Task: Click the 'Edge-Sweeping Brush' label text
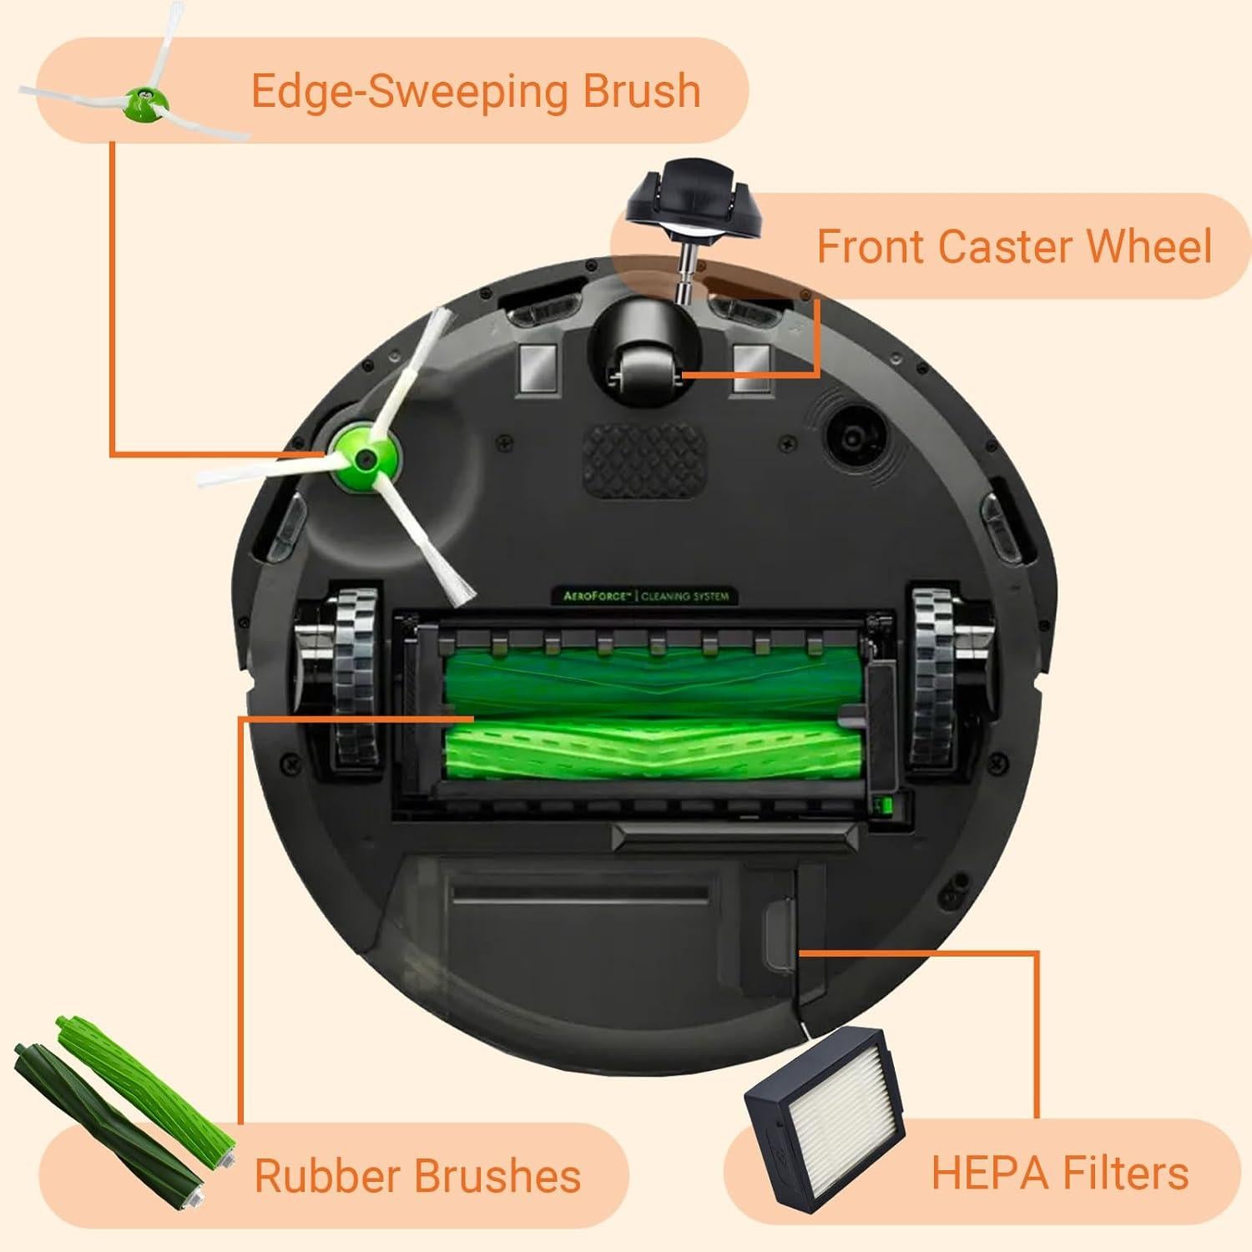click(x=475, y=91)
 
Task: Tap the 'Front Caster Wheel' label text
click(x=1013, y=246)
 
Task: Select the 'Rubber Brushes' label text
click(x=417, y=1175)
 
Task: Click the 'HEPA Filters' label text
click(x=1059, y=1173)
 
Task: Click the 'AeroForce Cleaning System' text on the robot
click(x=640, y=596)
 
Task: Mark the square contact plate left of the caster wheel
click(x=538, y=369)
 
